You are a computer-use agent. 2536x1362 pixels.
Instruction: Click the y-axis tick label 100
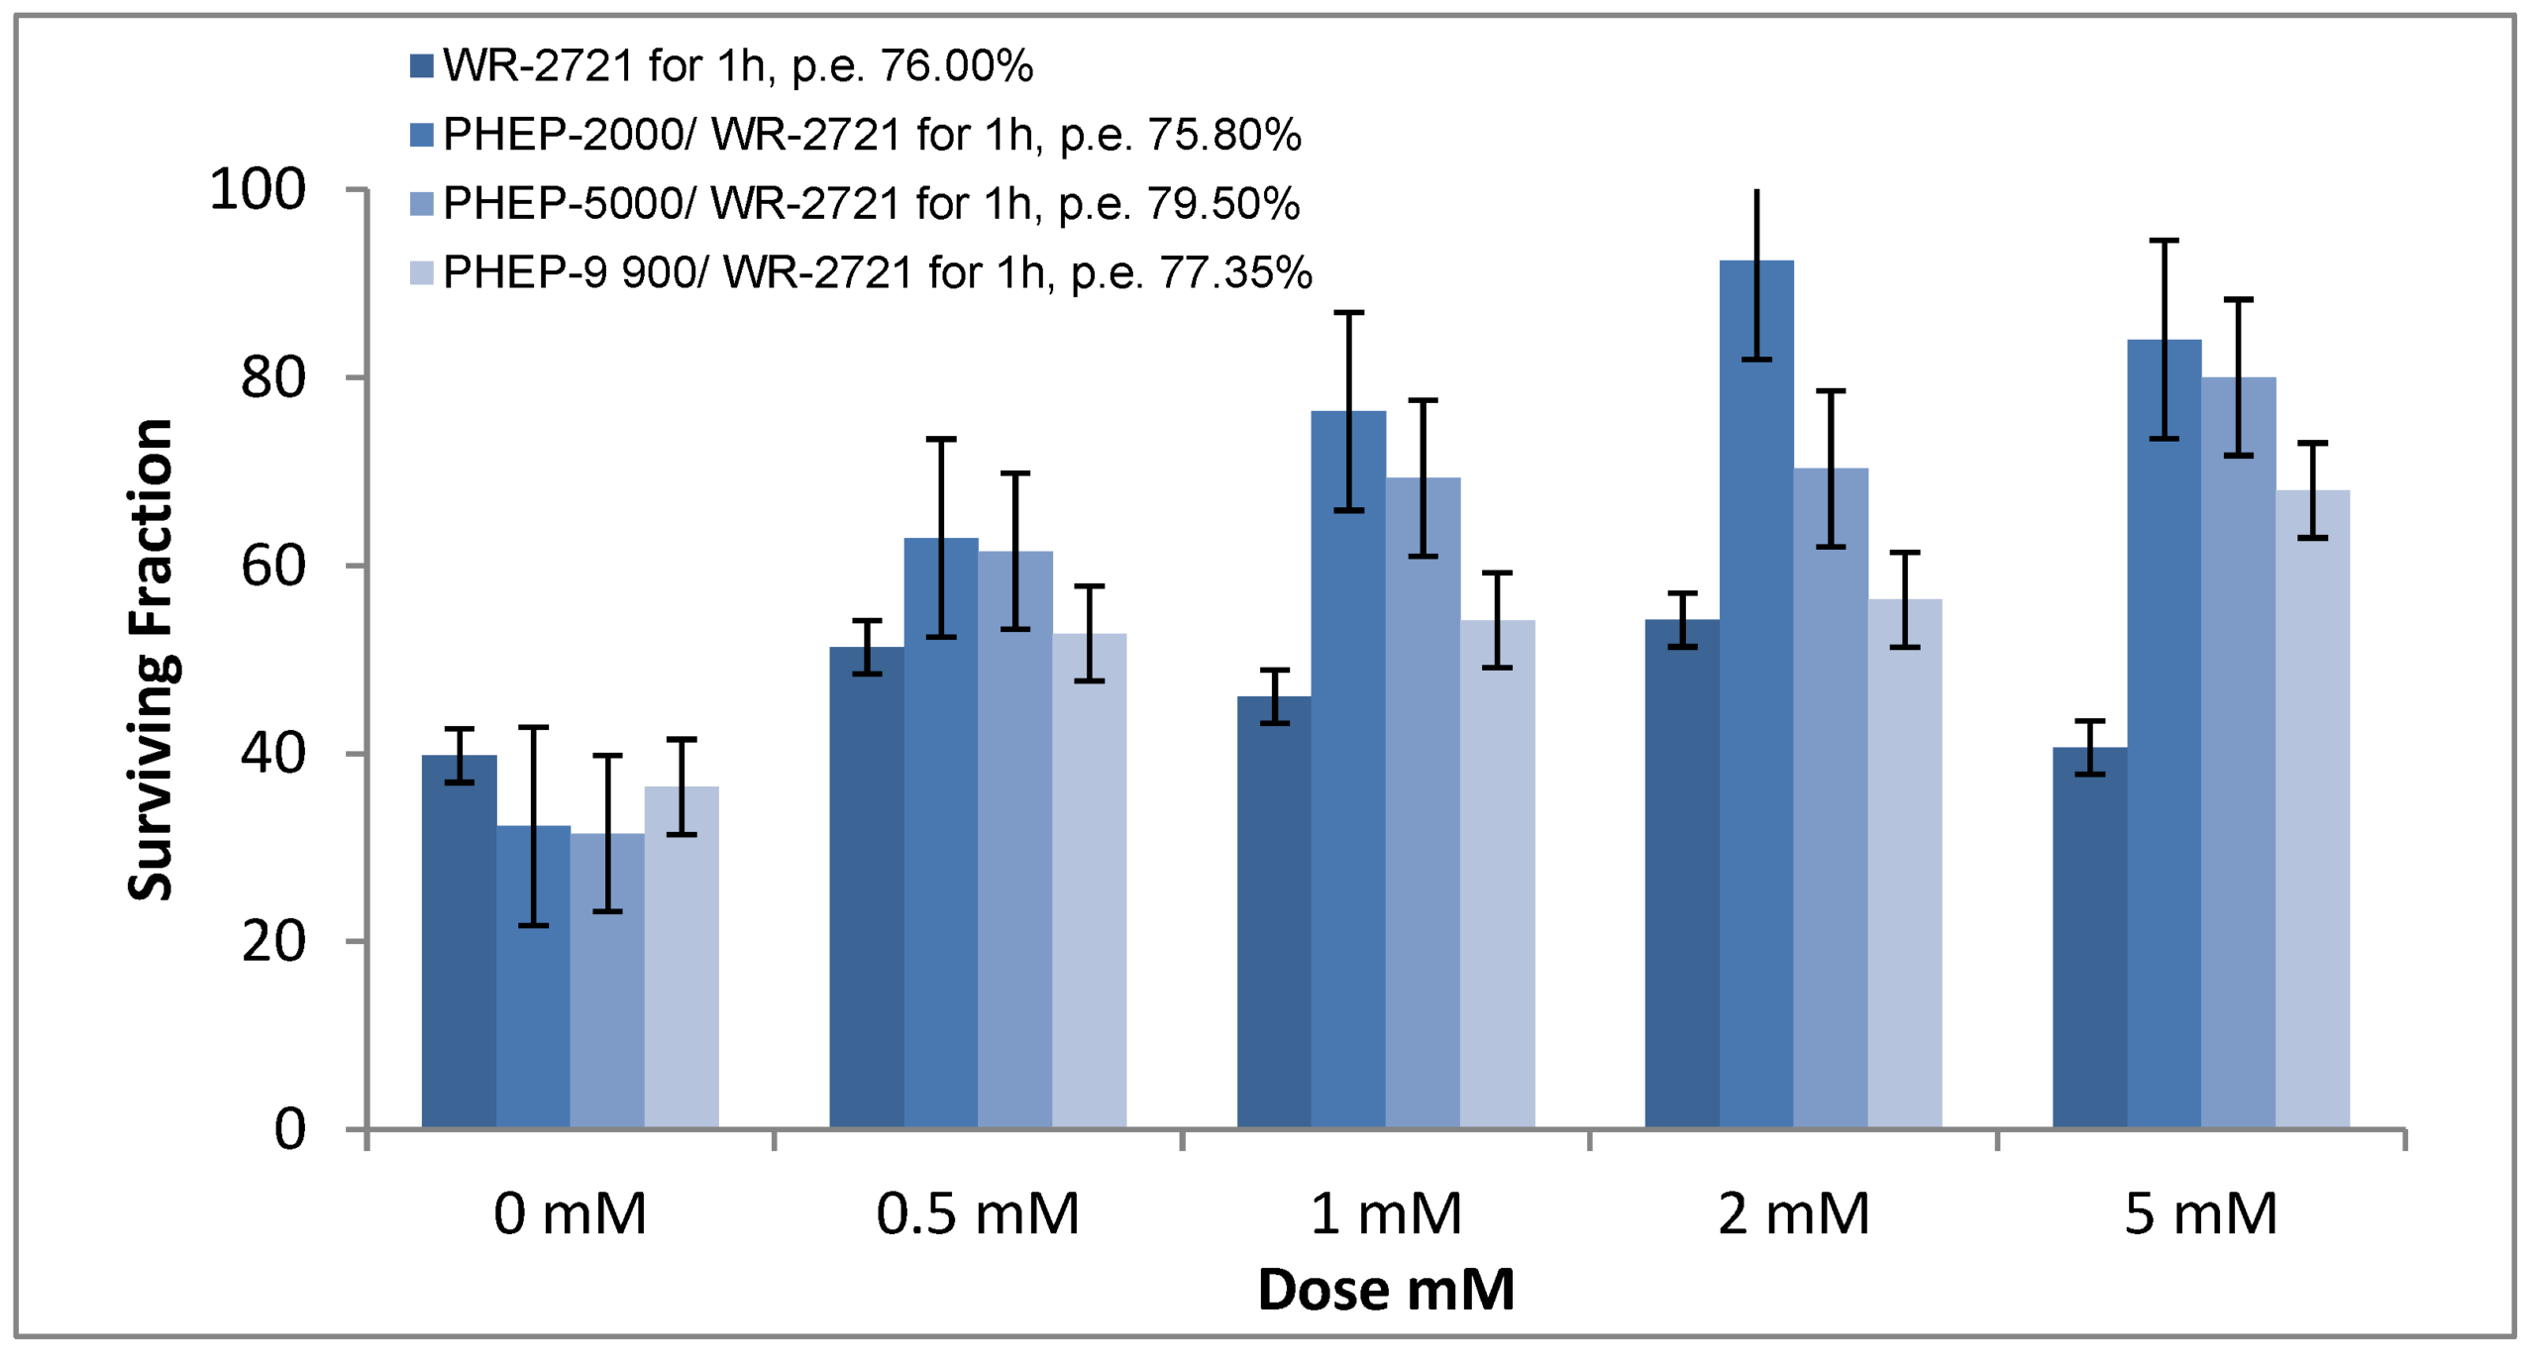coord(258,189)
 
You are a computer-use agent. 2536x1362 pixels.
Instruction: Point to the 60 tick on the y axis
coord(273,566)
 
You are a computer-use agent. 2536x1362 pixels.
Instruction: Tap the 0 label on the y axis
coord(289,1128)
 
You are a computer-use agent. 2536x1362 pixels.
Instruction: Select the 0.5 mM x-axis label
coord(978,1213)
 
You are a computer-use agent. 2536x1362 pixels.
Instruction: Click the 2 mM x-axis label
coord(1793,1213)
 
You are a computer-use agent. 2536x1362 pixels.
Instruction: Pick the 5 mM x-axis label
coord(2201,1213)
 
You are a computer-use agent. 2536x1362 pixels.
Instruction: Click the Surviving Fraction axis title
coord(151,659)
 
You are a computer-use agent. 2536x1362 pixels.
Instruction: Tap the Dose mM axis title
coord(1386,1290)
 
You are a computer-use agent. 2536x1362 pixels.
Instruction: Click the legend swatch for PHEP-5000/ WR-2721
coord(422,204)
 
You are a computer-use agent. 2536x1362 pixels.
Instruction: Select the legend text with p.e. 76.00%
coord(738,66)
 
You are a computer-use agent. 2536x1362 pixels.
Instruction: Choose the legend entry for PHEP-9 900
coord(878,272)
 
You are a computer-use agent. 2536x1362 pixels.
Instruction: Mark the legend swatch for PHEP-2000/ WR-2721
coord(422,135)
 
